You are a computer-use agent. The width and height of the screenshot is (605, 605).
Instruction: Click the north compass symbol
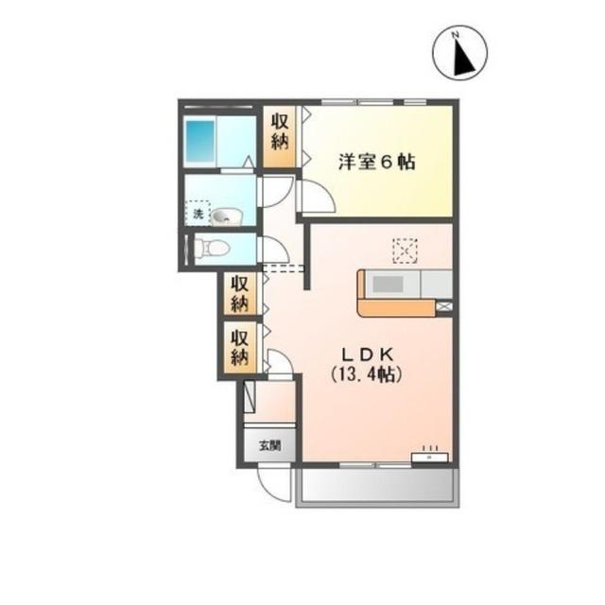(x=460, y=53)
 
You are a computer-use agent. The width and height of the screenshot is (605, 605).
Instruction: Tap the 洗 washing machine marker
(x=199, y=215)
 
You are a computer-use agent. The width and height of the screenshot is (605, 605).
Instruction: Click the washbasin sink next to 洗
(x=226, y=217)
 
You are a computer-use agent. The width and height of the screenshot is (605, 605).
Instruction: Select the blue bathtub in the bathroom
(x=200, y=139)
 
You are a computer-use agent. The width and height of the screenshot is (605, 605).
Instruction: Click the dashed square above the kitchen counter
(x=405, y=250)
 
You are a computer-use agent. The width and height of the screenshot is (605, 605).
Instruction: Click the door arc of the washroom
(x=274, y=193)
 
